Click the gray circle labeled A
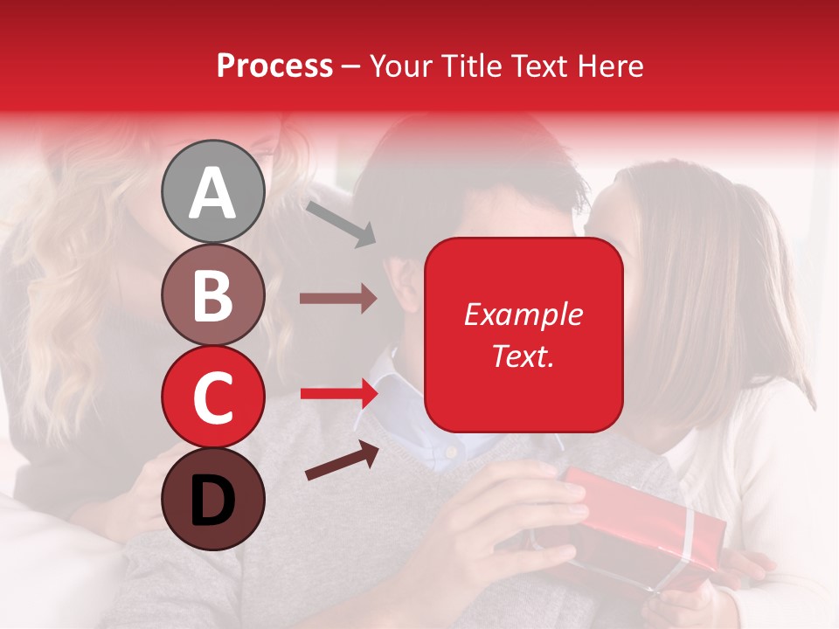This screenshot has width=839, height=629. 212,192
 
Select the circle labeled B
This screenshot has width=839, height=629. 212,294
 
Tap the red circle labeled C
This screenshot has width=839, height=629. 212,396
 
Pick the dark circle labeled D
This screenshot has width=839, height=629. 212,499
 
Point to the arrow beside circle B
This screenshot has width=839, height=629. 337,299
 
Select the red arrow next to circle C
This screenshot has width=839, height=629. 337,394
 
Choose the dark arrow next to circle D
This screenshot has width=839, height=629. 342,461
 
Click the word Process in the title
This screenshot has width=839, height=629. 274,66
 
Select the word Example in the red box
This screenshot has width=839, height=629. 524,314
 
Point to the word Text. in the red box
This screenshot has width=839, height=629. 524,356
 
